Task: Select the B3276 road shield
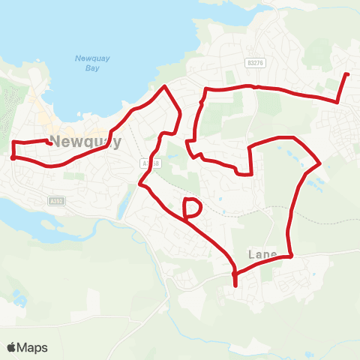(x=255, y=64)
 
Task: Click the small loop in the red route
(x=192, y=208)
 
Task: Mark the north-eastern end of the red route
(x=347, y=74)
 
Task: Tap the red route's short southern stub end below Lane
(x=235, y=285)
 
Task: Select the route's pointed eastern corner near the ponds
(x=321, y=163)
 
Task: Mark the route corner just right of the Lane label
(x=290, y=256)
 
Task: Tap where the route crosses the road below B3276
(x=256, y=87)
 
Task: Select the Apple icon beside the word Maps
(x=12, y=347)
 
